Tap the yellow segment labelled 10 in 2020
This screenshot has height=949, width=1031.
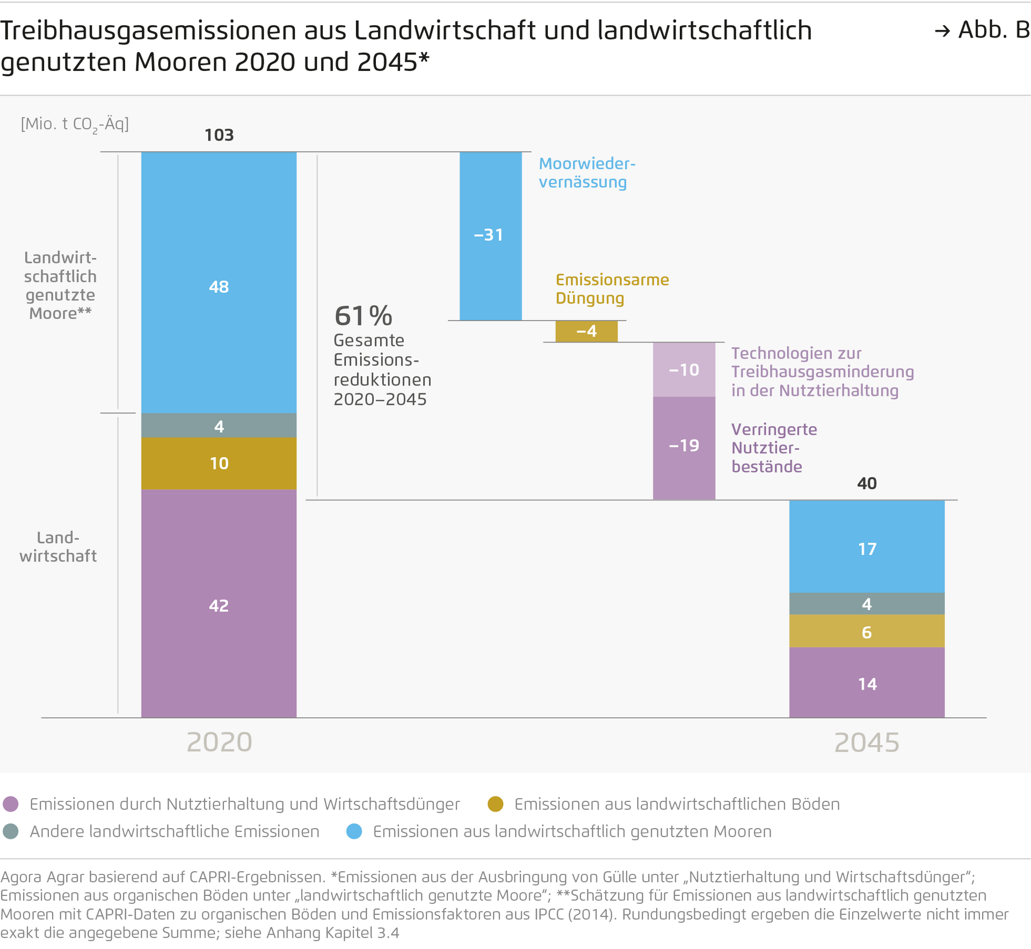coord(219,463)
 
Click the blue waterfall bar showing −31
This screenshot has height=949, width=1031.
coord(490,236)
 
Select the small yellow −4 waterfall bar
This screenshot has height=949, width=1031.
coord(586,331)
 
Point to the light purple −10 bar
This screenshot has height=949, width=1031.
coord(684,369)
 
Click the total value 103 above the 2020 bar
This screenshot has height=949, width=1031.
coord(219,135)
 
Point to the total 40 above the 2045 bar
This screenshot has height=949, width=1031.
coord(867,483)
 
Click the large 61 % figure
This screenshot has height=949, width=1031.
coord(364,316)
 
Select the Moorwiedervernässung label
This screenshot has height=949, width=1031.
coord(586,173)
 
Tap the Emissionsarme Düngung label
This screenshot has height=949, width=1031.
coord(612,289)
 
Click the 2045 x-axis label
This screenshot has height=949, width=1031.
coord(867,742)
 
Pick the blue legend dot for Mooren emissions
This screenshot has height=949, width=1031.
coord(354,831)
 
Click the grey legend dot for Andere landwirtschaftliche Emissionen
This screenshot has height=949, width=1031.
coord(11,831)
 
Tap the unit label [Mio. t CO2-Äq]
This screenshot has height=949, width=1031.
coord(75,125)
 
